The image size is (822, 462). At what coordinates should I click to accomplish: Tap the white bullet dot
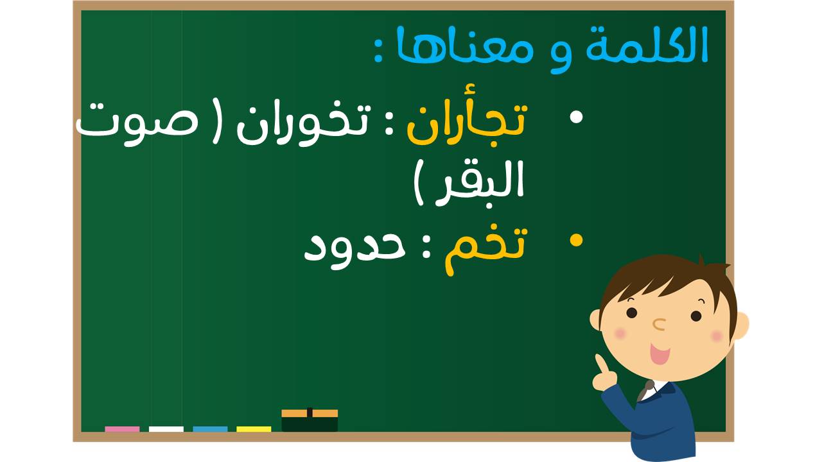tap(576, 117)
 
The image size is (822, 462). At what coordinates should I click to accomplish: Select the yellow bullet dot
tap(576, 241)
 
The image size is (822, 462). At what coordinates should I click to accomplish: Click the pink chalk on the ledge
tap(122, 429)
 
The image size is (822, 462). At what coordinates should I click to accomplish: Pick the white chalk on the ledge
tap(166, 429)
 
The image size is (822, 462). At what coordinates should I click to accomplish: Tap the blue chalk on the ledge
tap(210, 429)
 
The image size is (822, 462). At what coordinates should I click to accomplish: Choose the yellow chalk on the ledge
tap(254, 429)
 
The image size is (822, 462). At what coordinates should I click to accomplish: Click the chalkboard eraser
tap(310, 420)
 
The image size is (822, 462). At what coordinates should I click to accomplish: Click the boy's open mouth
tap(660, 354)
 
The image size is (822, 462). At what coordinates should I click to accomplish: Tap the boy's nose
tap(660, 324)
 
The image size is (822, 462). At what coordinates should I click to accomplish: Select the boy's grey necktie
tap(645, 391)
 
